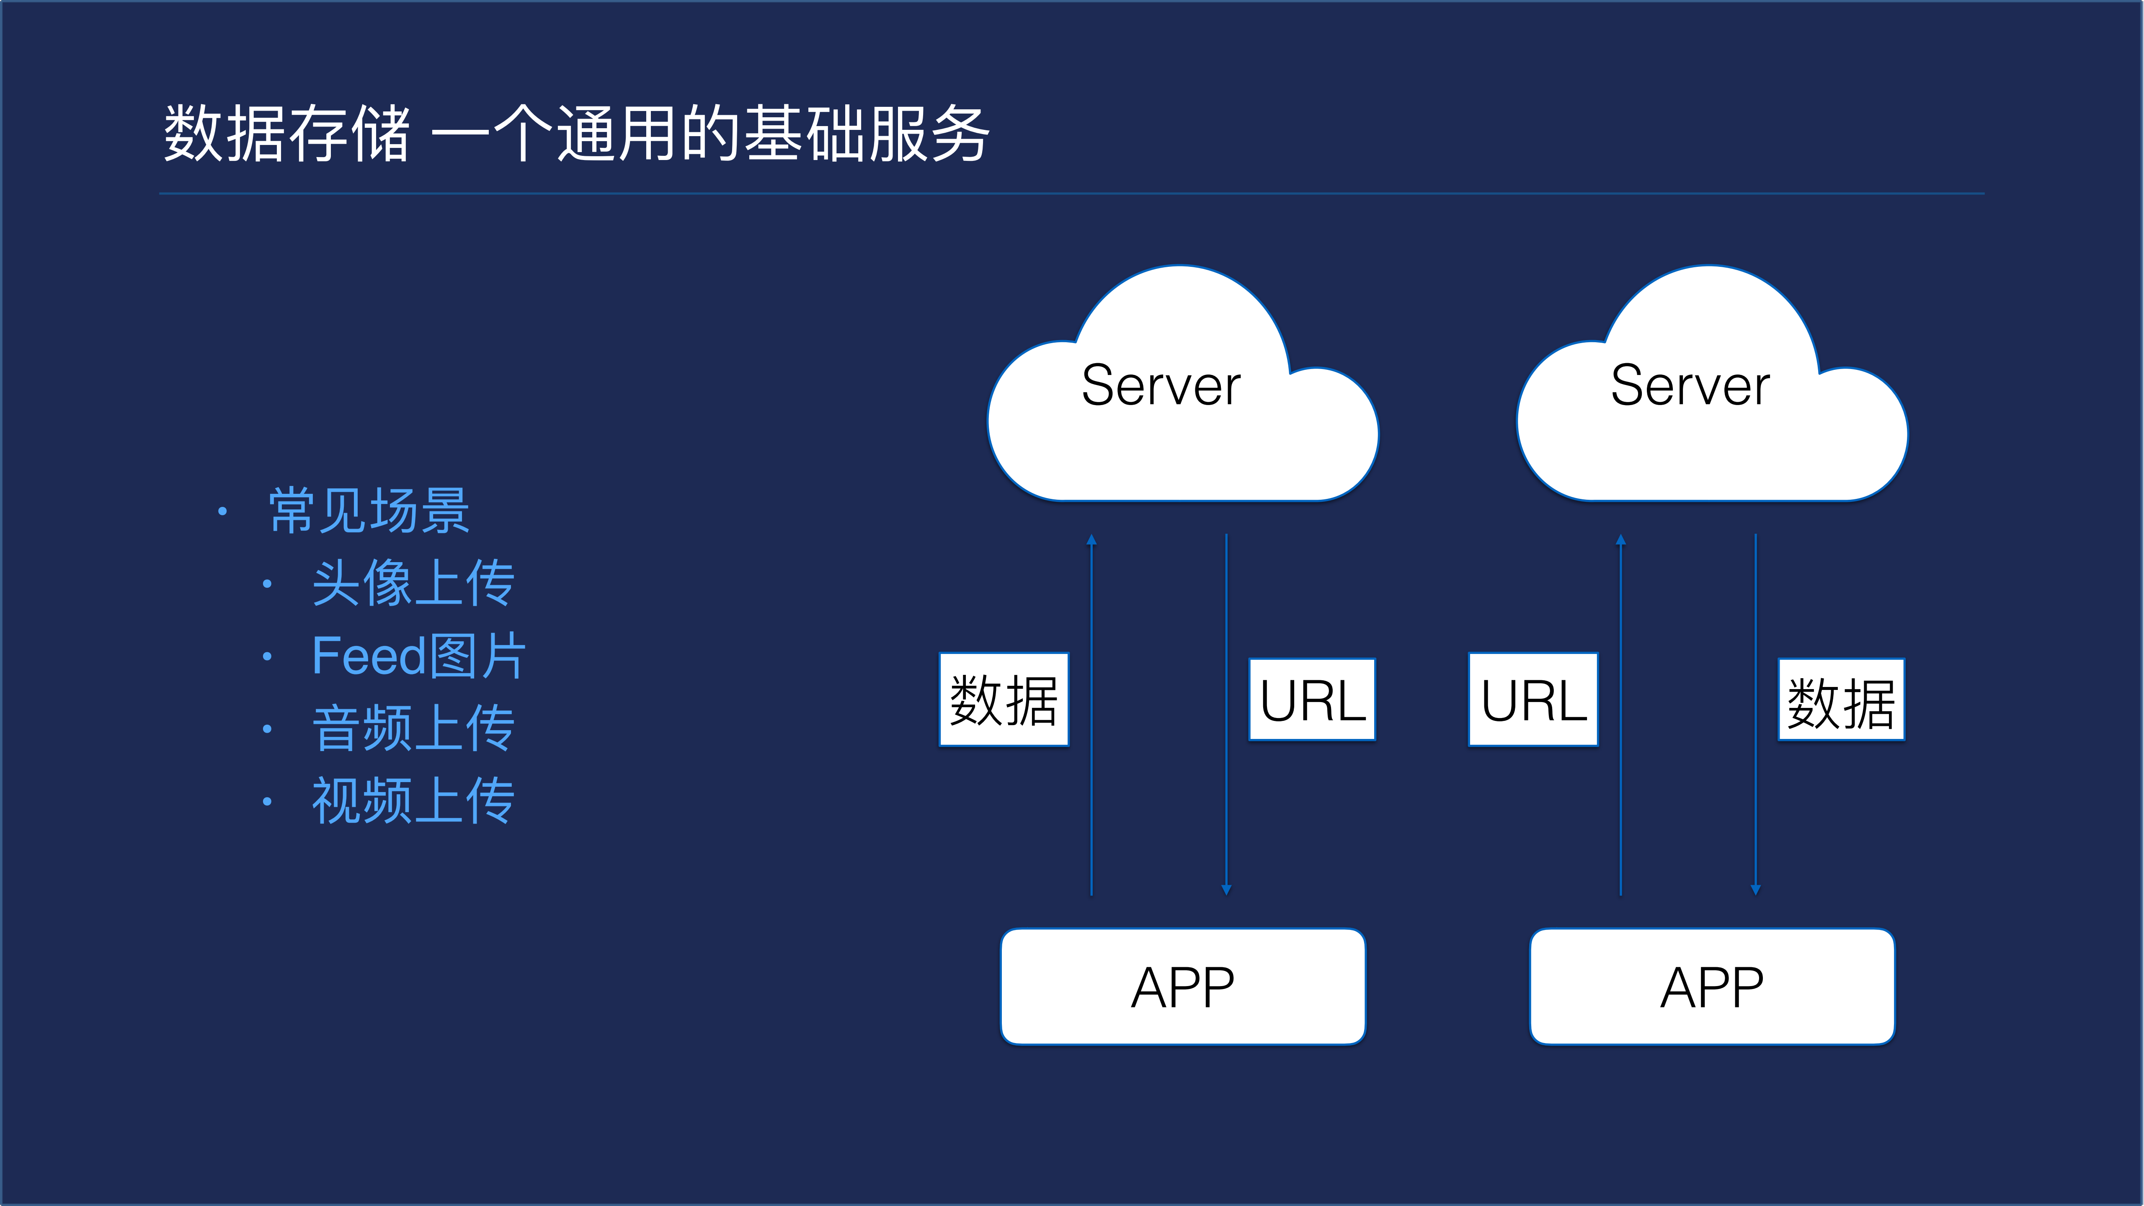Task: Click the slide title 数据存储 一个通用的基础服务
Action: [x=576, y=133]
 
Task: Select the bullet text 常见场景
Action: [x=369, y=510]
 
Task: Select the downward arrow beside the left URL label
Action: [x=1226, y=716]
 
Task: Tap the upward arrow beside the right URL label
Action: [x=1620, y=716]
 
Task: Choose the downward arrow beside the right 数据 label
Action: [x=1755, y=716]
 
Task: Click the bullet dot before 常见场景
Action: [x=222, y=511]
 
